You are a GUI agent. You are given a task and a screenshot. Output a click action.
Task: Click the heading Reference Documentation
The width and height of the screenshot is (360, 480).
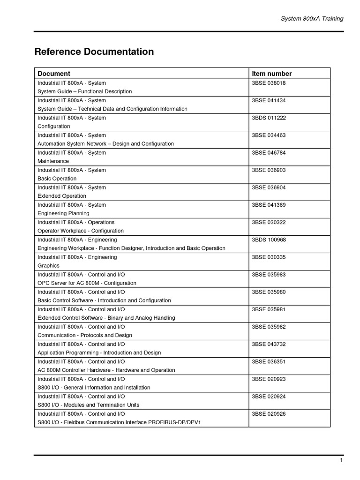[x=94, y=52]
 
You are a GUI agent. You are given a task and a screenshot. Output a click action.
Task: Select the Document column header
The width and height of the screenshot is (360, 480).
[x=54, y=74]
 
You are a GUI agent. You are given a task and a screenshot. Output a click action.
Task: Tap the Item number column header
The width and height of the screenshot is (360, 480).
[x=271, y=74]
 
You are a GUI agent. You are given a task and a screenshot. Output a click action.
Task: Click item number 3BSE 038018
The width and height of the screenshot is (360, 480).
[x=269, y=83]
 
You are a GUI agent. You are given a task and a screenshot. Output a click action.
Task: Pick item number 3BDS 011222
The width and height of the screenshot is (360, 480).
[x=269, y=118]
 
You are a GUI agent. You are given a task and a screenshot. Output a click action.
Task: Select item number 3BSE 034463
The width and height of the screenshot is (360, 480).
[x=269, y=135]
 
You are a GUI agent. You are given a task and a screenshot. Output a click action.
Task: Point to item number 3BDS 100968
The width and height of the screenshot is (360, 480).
[x=269, y=240]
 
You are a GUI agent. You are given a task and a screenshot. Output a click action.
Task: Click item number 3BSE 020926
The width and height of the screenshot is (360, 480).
[x=269, y=414]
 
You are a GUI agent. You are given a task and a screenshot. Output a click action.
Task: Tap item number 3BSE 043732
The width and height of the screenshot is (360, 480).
[x=269, y=344]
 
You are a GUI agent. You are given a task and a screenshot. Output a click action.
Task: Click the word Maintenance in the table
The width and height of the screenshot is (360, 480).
[x=53, y=161]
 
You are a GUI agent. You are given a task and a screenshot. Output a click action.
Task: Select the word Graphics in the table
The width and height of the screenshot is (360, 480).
[x=48, y=266]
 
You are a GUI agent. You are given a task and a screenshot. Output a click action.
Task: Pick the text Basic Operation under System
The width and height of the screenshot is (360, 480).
[x=57, y=179]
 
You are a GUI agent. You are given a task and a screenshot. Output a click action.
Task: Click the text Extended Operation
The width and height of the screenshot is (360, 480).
[x=62, y=196]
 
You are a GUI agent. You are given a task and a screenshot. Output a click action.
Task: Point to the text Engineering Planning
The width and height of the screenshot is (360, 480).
[x=63, y=213]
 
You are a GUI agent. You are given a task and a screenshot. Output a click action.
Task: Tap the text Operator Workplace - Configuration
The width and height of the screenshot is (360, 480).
[x=81, y=231]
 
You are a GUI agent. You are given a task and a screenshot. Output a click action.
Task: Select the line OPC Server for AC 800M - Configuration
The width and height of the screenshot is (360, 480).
[x=87, y=283]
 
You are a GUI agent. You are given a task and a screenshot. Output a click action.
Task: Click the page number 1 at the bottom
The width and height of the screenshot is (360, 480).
[x=342, y=461]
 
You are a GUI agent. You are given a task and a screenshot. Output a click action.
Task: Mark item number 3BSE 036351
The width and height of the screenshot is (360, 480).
[x=269, y=361]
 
